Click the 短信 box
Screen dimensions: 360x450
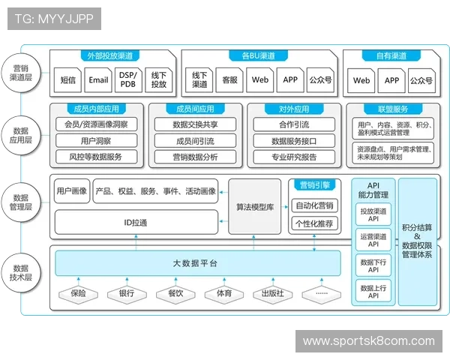click(x=67, y=80)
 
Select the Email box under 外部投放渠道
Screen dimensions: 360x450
click(x=97, y=80)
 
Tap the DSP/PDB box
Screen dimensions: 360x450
click(x=127, y=80)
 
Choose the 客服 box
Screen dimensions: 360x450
click(x=230, y=80)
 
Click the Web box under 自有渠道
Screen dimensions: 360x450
click(x=361, y=80)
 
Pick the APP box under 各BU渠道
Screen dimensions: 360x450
click(x=290, y=80)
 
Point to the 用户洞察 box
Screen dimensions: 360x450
click(x=96, y=140)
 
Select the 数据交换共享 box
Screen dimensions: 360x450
click(x=195, y=124)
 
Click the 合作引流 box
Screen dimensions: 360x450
click(x=293, y=124)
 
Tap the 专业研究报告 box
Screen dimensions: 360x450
click(x=293, y=157)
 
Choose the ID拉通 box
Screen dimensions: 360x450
click(x=136, y=223)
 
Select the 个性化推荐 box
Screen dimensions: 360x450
click(x=314, y=223)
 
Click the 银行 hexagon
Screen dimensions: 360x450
click(x=126, y=293)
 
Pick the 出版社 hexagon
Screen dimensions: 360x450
click(x=272, y=293)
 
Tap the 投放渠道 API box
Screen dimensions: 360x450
click(x=373, y=215)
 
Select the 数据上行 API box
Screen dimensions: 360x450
click(x=373, y=291)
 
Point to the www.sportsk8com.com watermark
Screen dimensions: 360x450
click(x=368, y=341)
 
